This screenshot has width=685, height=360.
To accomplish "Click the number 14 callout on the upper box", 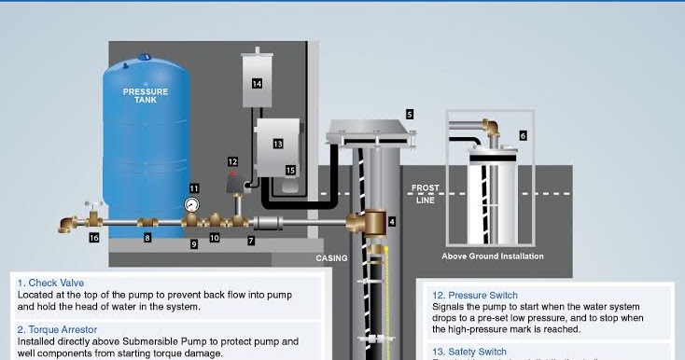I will coord(257,83).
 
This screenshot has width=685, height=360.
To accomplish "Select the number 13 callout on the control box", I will coord(277,144).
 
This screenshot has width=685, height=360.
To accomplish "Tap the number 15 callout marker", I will coord(290,170).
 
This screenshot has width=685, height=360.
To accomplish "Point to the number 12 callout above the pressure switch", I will coord(232,162).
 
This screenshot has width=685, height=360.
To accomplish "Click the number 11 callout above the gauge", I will coord(194,187).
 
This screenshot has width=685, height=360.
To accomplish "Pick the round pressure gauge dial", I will coord(192,204).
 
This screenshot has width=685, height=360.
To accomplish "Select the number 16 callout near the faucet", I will coord(93,238).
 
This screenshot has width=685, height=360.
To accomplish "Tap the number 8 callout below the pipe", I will coord(147,238).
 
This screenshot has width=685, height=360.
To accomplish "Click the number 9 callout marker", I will coord(194,244).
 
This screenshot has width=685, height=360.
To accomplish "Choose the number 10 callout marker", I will coord(215,238).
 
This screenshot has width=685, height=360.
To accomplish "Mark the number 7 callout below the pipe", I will coord(250,241).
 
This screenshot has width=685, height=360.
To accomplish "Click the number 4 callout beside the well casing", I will coord(392,222).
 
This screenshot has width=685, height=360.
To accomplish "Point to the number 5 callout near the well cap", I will coord(409,114).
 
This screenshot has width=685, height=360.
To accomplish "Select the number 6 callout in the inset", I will coord(523,135).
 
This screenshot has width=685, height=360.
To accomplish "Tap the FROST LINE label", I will coord(425,194).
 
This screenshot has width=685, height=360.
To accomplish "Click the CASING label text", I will coord(331,258).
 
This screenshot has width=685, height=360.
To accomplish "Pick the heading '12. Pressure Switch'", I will coord(475,296).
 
